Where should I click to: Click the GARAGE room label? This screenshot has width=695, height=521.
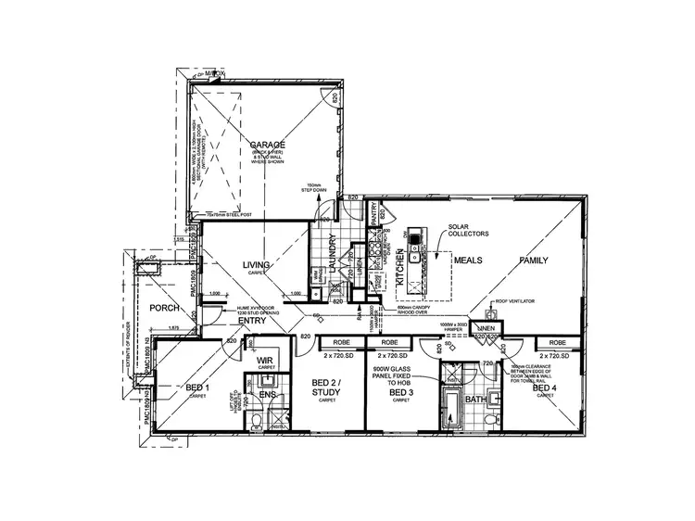coord(267,146)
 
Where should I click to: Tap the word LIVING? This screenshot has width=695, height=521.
coord(256,266)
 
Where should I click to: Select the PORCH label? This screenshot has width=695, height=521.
coord(164,309)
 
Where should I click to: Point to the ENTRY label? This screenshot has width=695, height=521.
coord(251,321)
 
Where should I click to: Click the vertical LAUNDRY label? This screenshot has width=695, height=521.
coord(332,251)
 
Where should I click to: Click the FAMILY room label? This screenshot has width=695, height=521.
coord(535,260)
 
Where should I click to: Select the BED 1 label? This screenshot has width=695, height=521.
coord(196,388)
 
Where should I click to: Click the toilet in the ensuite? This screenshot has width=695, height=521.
coord(256,421)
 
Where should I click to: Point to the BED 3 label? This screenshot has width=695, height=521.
coord(401,394)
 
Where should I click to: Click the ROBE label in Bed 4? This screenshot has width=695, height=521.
coord(559,344)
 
